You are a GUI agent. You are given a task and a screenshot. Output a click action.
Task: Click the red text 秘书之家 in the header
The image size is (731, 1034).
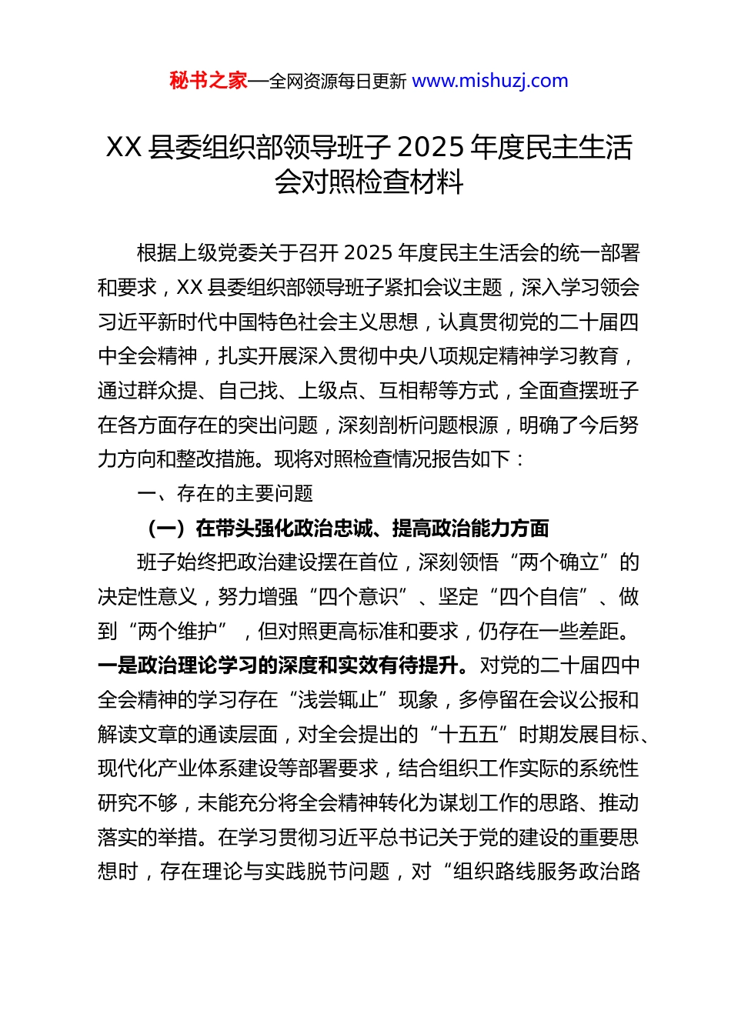click(209, 81)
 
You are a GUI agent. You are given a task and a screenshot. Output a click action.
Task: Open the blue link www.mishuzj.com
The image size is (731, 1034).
click(490, 81)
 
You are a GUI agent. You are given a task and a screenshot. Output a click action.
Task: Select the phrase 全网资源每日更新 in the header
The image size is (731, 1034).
click(338, 82)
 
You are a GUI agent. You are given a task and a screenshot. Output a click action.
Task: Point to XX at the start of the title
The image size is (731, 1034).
click(123, 147)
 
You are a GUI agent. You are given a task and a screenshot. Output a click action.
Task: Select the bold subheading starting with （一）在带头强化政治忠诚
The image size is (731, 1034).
click(347, 528)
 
